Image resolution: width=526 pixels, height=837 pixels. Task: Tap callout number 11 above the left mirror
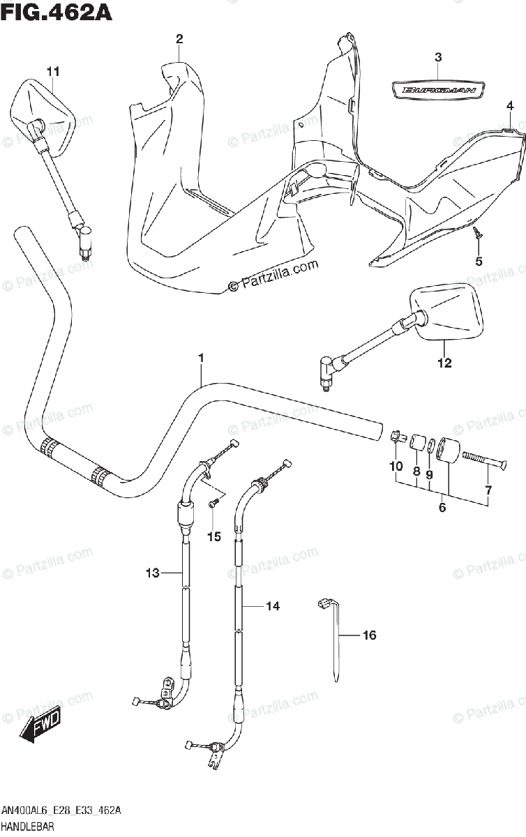click(54, 71)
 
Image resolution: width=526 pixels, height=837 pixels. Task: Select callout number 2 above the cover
click(179, 39)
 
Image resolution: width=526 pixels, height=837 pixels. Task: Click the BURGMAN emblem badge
click(438, 89)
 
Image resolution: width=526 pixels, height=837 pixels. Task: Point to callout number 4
click(510, 106)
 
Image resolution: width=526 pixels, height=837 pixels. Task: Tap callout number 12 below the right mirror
click(444, 363)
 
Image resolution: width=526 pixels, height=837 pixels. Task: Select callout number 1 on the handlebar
click(200, 359)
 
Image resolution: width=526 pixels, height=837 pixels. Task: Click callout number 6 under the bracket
click(442, 508)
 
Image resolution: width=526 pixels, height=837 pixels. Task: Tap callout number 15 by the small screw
click(213, 536)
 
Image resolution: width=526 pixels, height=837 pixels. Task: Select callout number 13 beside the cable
click(153, 573)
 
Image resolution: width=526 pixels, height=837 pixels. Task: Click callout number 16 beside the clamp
click(369, 635)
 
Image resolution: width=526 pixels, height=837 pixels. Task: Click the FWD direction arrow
click(40, 723)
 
